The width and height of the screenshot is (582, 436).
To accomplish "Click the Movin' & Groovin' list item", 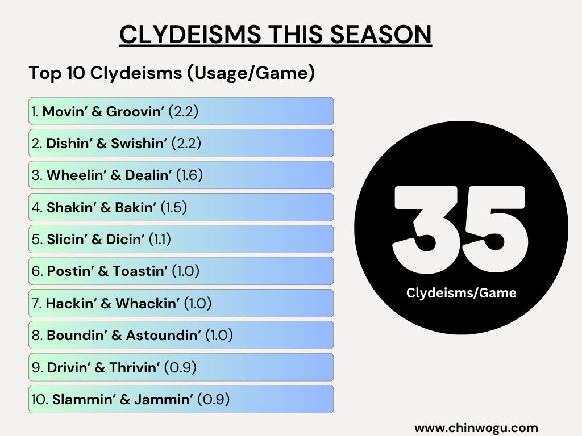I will pos(181,111).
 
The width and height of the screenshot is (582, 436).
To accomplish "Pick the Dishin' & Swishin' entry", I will pos(181,144).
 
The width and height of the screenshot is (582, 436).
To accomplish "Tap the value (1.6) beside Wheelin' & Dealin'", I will pos(189,175).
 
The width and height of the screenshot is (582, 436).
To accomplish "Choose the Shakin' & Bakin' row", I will pos(181,208).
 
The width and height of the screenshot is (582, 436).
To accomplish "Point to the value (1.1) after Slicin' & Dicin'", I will pos(160,240).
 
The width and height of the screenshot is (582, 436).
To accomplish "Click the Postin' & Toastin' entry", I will pos(181,271).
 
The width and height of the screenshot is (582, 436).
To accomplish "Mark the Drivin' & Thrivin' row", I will pos(181,368).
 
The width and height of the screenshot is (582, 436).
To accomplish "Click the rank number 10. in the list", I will pos(40,400).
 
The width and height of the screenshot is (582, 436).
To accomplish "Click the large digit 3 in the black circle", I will pos(426,230).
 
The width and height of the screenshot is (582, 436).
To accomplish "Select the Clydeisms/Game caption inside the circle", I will pos(461,293).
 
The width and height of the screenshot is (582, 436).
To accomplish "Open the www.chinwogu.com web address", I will pos(476,427).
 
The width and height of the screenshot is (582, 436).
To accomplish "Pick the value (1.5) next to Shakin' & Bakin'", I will pos(174,208).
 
